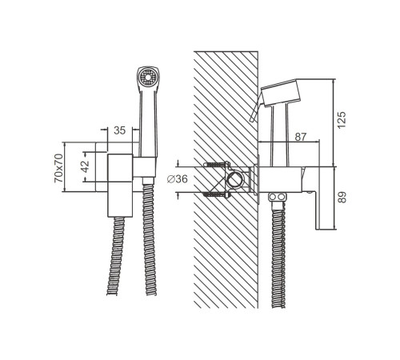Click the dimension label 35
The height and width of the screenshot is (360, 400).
pyautogui.click(x=119, y=130)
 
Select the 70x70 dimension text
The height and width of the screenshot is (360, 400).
pyautogui.click(x=58, y=168)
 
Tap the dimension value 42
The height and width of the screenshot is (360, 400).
pyautogui.click(x=86, y=166)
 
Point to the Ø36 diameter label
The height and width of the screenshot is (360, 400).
pyautogui.click(x=178, y=179)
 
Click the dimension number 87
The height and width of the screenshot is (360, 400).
pyautogui.click(x=301, y=137)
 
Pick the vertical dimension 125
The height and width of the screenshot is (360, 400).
pyautogui.click(x=342, y=120)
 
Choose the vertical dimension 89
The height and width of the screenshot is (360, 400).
pyautogui.click(x=342, y=198)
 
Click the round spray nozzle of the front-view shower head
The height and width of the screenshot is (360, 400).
pyautogui.click(x=146, y=78)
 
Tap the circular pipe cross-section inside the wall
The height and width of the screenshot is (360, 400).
pyautogui.click(x=234, y=179)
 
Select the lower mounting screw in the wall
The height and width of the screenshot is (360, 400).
pyautogui.click(x=216, y=194)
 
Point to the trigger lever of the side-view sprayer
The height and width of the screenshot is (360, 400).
pyautogui.click(x=255, y=106)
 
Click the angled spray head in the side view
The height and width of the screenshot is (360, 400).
pyautogui.click(x=281, y=93)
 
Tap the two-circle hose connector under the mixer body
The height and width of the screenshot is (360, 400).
pyautogui.click(x=277, y=198)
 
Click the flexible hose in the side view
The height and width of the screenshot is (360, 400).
pyautogui.click(x=278, y=254)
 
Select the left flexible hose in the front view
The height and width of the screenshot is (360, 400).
pyautogui.click(x=116, y=256)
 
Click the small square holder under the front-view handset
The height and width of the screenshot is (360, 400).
pyautogui.click(x=144, y=167)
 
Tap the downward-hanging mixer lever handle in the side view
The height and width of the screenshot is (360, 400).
pyautogui.click(x=318, y=198)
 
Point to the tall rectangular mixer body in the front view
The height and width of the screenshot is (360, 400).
pyautogui.click(x=120, y=186)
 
